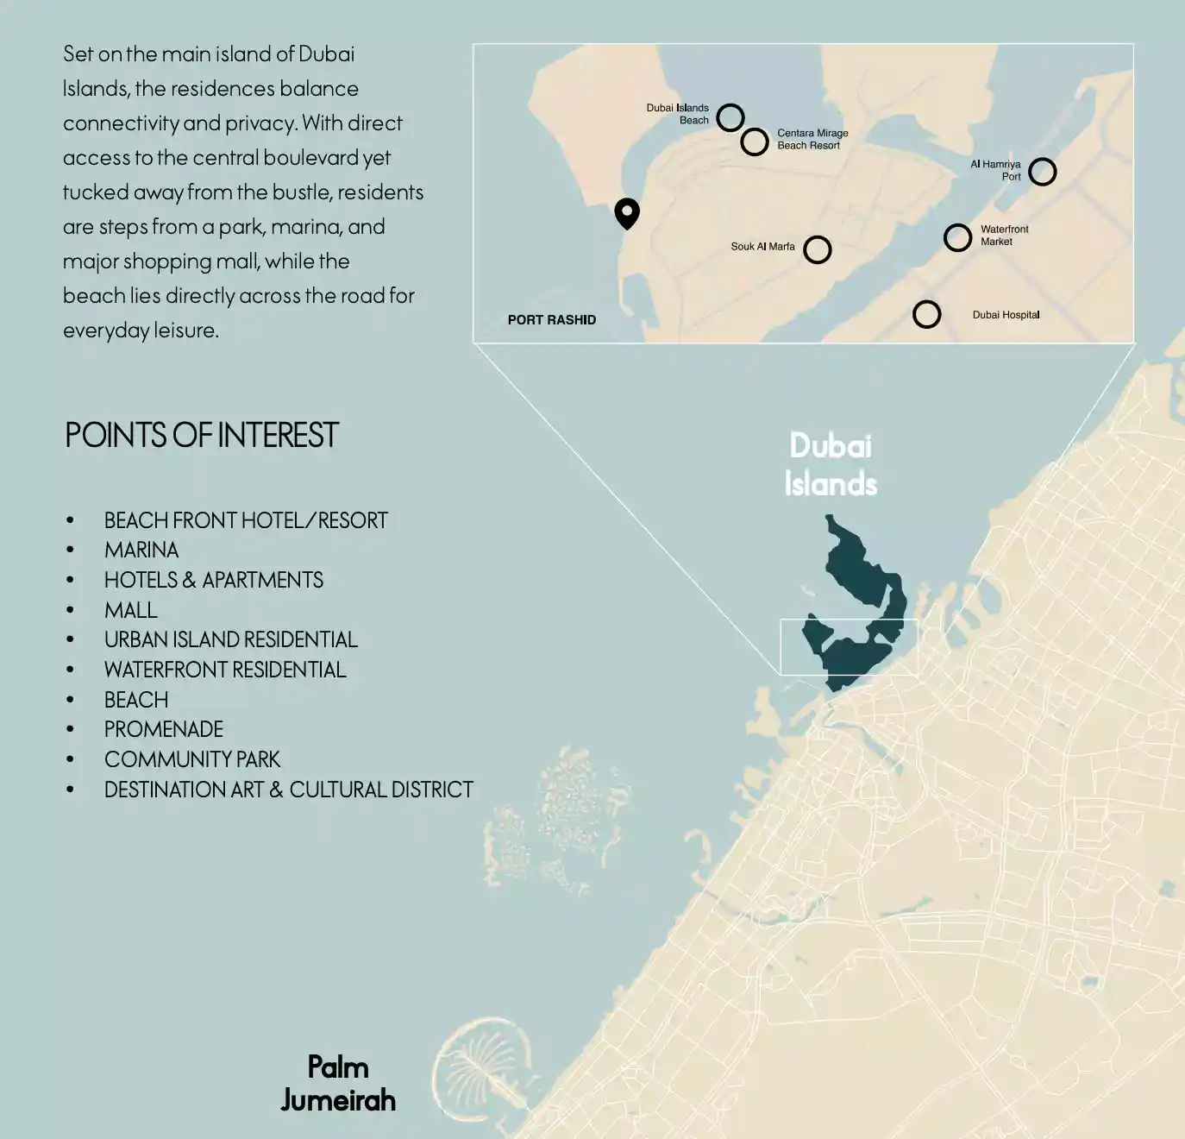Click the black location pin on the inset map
click(627, 212)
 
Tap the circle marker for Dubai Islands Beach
click(730, 116)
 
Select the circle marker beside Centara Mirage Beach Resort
click(755, 142)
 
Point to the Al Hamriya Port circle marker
click(1042, 172)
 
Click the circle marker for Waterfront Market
click(957, 237)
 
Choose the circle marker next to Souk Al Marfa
click(817, 249)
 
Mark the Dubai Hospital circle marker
click(926, 314)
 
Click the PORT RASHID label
click(551, 320)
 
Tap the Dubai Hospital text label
click(1006, 315)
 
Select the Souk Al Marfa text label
click(762, 247)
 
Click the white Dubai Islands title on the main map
click(831, 464)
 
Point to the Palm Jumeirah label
click(338, 1084)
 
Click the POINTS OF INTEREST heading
click(202, 435)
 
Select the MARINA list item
click(141, 551)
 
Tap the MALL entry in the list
click(131, 610)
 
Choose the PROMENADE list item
click(164, 730)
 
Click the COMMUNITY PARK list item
click(192, 759)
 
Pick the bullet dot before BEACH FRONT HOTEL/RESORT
click(71, 520)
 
